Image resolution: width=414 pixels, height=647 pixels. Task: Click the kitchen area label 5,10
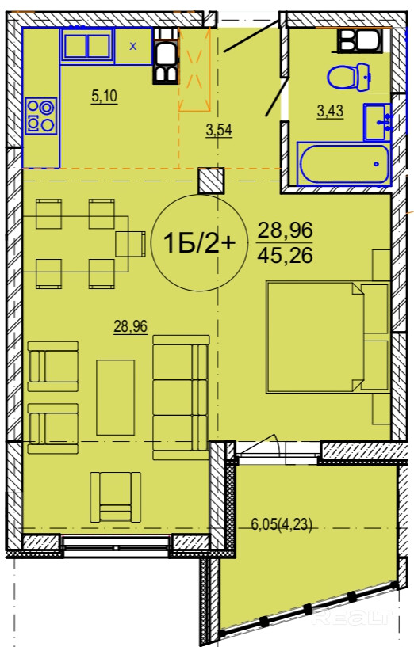[104, 96]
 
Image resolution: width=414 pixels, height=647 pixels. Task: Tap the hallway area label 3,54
[219, 130]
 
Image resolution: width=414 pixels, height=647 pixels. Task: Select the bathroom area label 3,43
[330, 111]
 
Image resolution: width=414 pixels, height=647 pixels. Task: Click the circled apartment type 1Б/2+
[200, 243]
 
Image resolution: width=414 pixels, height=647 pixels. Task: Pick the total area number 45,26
[285, 256]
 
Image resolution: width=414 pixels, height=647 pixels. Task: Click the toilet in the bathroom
[349, 76]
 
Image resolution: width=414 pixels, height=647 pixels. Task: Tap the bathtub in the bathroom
[344, 164]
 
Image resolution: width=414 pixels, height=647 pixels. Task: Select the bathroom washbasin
[378, 122]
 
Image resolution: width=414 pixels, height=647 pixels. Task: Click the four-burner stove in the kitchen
[40, 116]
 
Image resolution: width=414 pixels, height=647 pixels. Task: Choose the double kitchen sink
[87, 45]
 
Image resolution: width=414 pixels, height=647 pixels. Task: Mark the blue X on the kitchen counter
[132, 46]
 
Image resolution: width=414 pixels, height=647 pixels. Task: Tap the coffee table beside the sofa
[116, 398]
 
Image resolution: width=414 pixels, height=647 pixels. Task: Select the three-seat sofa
[181, 398]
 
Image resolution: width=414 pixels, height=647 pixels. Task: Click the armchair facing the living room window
[116, 497]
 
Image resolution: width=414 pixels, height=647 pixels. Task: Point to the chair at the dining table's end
[131, 244]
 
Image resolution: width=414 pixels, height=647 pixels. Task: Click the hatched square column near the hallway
[211, 181]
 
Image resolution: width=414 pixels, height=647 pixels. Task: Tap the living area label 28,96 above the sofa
[131, 327]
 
